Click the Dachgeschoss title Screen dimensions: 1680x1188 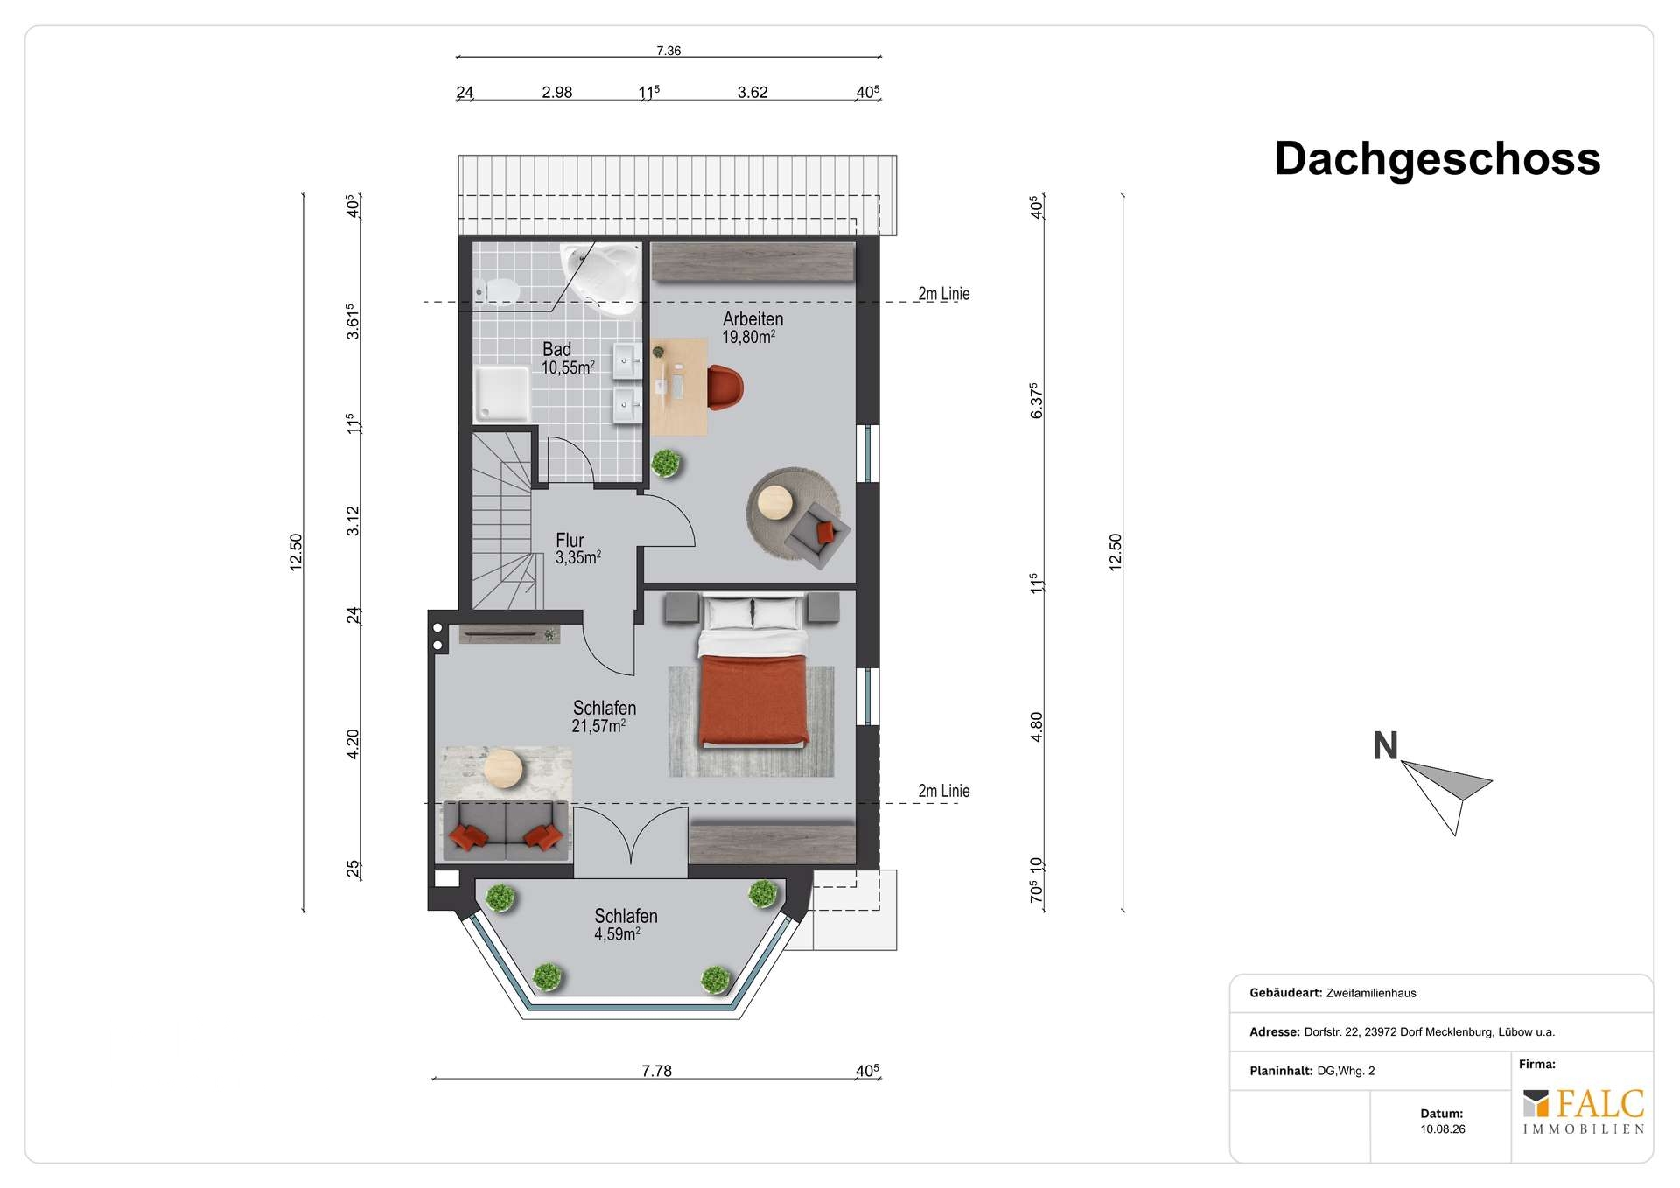[1437, 159]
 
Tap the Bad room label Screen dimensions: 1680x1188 [556, 349]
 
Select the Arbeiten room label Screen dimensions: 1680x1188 [752, 319]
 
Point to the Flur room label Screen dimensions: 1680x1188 [570, 540]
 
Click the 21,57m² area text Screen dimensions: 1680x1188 [598, 726]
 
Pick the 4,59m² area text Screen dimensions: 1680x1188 [617, 933]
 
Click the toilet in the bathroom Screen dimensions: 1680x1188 [495, 288]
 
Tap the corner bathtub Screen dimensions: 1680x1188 [600, 277]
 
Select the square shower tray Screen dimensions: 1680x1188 [501, 394]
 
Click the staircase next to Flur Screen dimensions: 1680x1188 [505, 521]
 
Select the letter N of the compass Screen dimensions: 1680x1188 [1385, 746]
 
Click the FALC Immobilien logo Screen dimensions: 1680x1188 [1583, 1111]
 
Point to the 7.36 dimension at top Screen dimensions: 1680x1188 [668, 51]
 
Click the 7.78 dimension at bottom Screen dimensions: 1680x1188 [656, 1071]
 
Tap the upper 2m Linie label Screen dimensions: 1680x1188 [943, 294]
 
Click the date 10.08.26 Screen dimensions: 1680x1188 [1443, 1129]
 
